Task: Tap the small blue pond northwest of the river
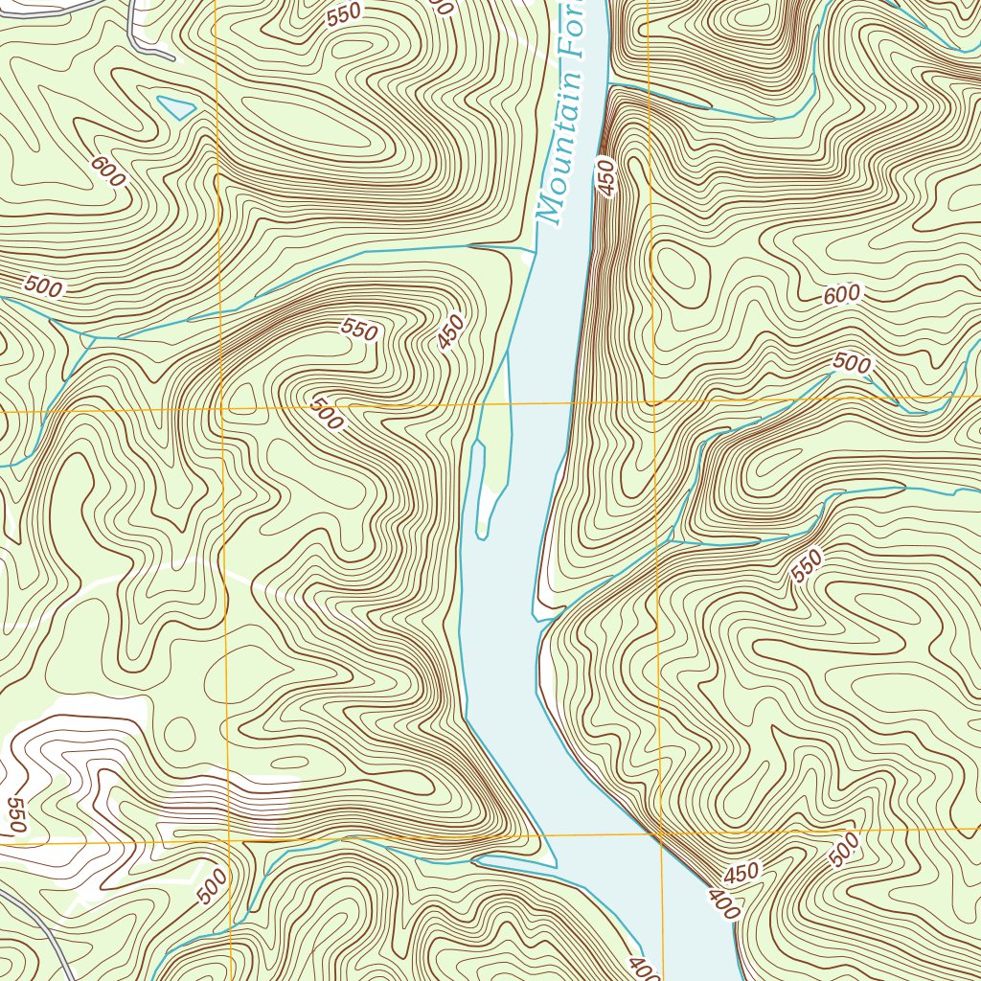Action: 176,107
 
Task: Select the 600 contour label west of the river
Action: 108,171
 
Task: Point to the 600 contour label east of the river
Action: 841,295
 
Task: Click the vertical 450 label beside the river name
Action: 605,177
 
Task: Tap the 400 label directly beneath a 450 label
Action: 723,903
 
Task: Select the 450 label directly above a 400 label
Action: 741,873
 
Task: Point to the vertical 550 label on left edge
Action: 15,814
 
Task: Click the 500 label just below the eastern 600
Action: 851,363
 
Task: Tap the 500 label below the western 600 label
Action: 43,285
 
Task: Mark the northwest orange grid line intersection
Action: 221,409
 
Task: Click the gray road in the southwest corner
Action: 48,929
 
